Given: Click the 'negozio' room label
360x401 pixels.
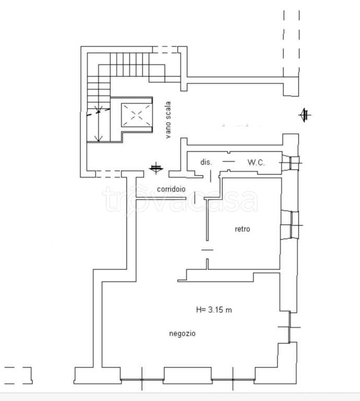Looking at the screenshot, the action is pyautogui.click(x=182, y=334).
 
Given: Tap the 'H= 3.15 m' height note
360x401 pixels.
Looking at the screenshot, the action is pyautogui.click(x=214, y=310).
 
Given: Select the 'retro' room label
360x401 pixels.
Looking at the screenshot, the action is pyautogui.click(x=242, y=229).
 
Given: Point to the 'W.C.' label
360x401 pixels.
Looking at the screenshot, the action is pyautogui.click(x=256, y=162).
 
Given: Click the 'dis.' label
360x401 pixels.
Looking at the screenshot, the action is pyautogui.click(x=206, y=162).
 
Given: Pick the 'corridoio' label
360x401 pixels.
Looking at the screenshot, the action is pyautogui.click(x=171, y=189).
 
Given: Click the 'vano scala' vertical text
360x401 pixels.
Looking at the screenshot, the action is pyautogui.click(x=168, y=120).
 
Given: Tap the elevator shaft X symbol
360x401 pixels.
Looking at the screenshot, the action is pyautogui.click(x=136, y=115).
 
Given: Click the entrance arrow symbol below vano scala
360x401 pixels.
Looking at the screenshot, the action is pyautogui.click(x=156, y=168).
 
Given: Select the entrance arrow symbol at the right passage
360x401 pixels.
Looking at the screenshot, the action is pyautogui.click(x=305, y=115).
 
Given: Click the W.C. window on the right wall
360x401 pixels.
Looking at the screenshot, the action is pyautogui.click(x=292, y=162).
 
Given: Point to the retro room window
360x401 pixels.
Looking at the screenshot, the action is pyautogui.click(x=292, y=226).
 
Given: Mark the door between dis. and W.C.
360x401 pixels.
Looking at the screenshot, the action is pyautogui.click(x=229, y=161).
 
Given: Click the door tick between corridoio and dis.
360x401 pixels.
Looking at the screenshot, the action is pyautogui.click(x=211, y=176).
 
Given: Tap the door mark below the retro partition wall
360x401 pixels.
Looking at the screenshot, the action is pyautogui.click(x=207, y=250).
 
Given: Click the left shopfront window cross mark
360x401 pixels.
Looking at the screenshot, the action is pyautogui.click(x=142, y=380).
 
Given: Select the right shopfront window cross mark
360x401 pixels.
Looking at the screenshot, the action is pyautogui.click(x=233, y=380).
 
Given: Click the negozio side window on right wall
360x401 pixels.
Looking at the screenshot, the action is pyautogui.click(x=289, y=327).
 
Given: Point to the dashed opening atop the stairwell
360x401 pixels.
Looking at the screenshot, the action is pyautogui.click(x=165, y=50).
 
